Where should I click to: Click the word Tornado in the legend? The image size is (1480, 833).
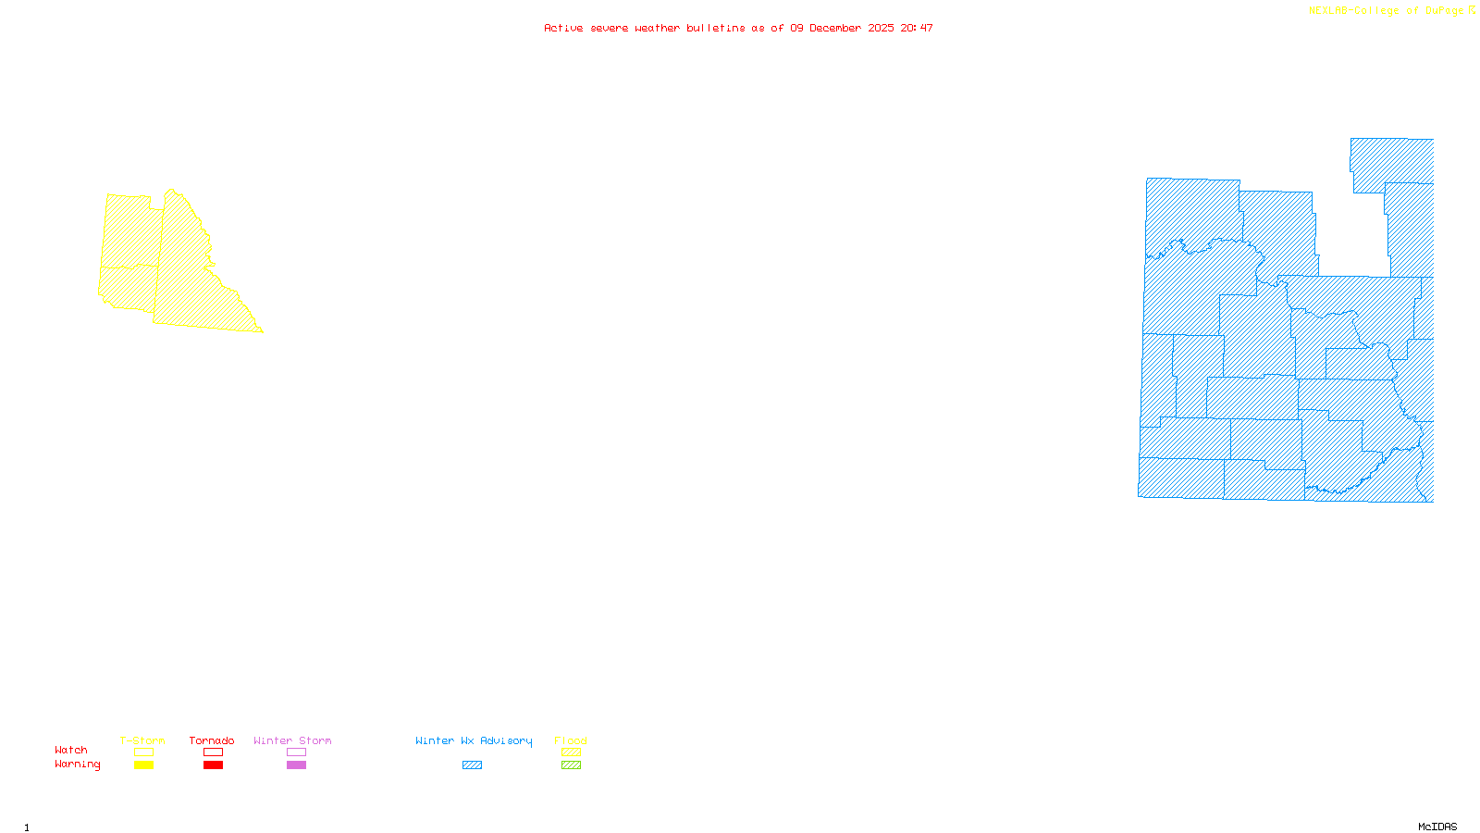pos(212,740)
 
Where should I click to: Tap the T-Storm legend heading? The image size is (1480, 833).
pos(142,740)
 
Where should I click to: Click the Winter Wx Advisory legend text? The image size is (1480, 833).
pos(474,740)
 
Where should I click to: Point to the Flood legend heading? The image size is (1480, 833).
pos(571,740)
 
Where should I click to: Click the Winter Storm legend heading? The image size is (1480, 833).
pos(292,740)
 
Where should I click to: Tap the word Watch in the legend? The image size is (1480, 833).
pos(71,750)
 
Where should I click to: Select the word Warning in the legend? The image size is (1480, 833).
pos(78,765)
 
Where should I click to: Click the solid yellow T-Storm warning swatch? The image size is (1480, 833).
pos(143,765)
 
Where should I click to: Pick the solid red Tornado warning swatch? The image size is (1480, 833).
pos(213,765)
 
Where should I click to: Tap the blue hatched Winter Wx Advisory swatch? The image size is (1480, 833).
pos(472,765)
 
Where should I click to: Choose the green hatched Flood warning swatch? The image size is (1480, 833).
pos(572,765)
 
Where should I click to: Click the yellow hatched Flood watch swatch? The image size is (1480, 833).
pos(572,752)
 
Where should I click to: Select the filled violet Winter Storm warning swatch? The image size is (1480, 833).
pos(296,765)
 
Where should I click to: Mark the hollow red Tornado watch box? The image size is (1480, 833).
pos(213,752)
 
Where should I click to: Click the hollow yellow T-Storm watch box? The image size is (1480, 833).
pos(143,752)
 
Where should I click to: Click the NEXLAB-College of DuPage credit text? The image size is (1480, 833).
pos(1387,10)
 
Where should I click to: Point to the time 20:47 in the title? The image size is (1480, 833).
pos(917,28)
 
